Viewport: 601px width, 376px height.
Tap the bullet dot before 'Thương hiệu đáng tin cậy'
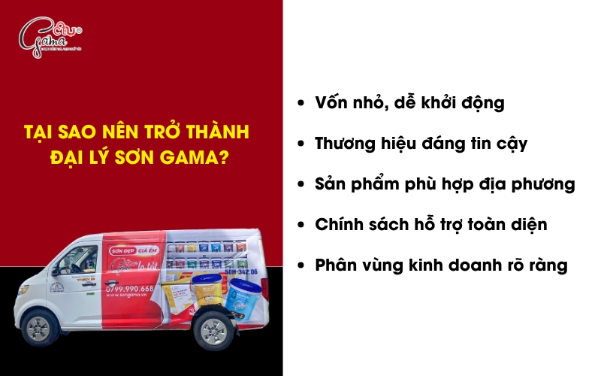302,143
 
